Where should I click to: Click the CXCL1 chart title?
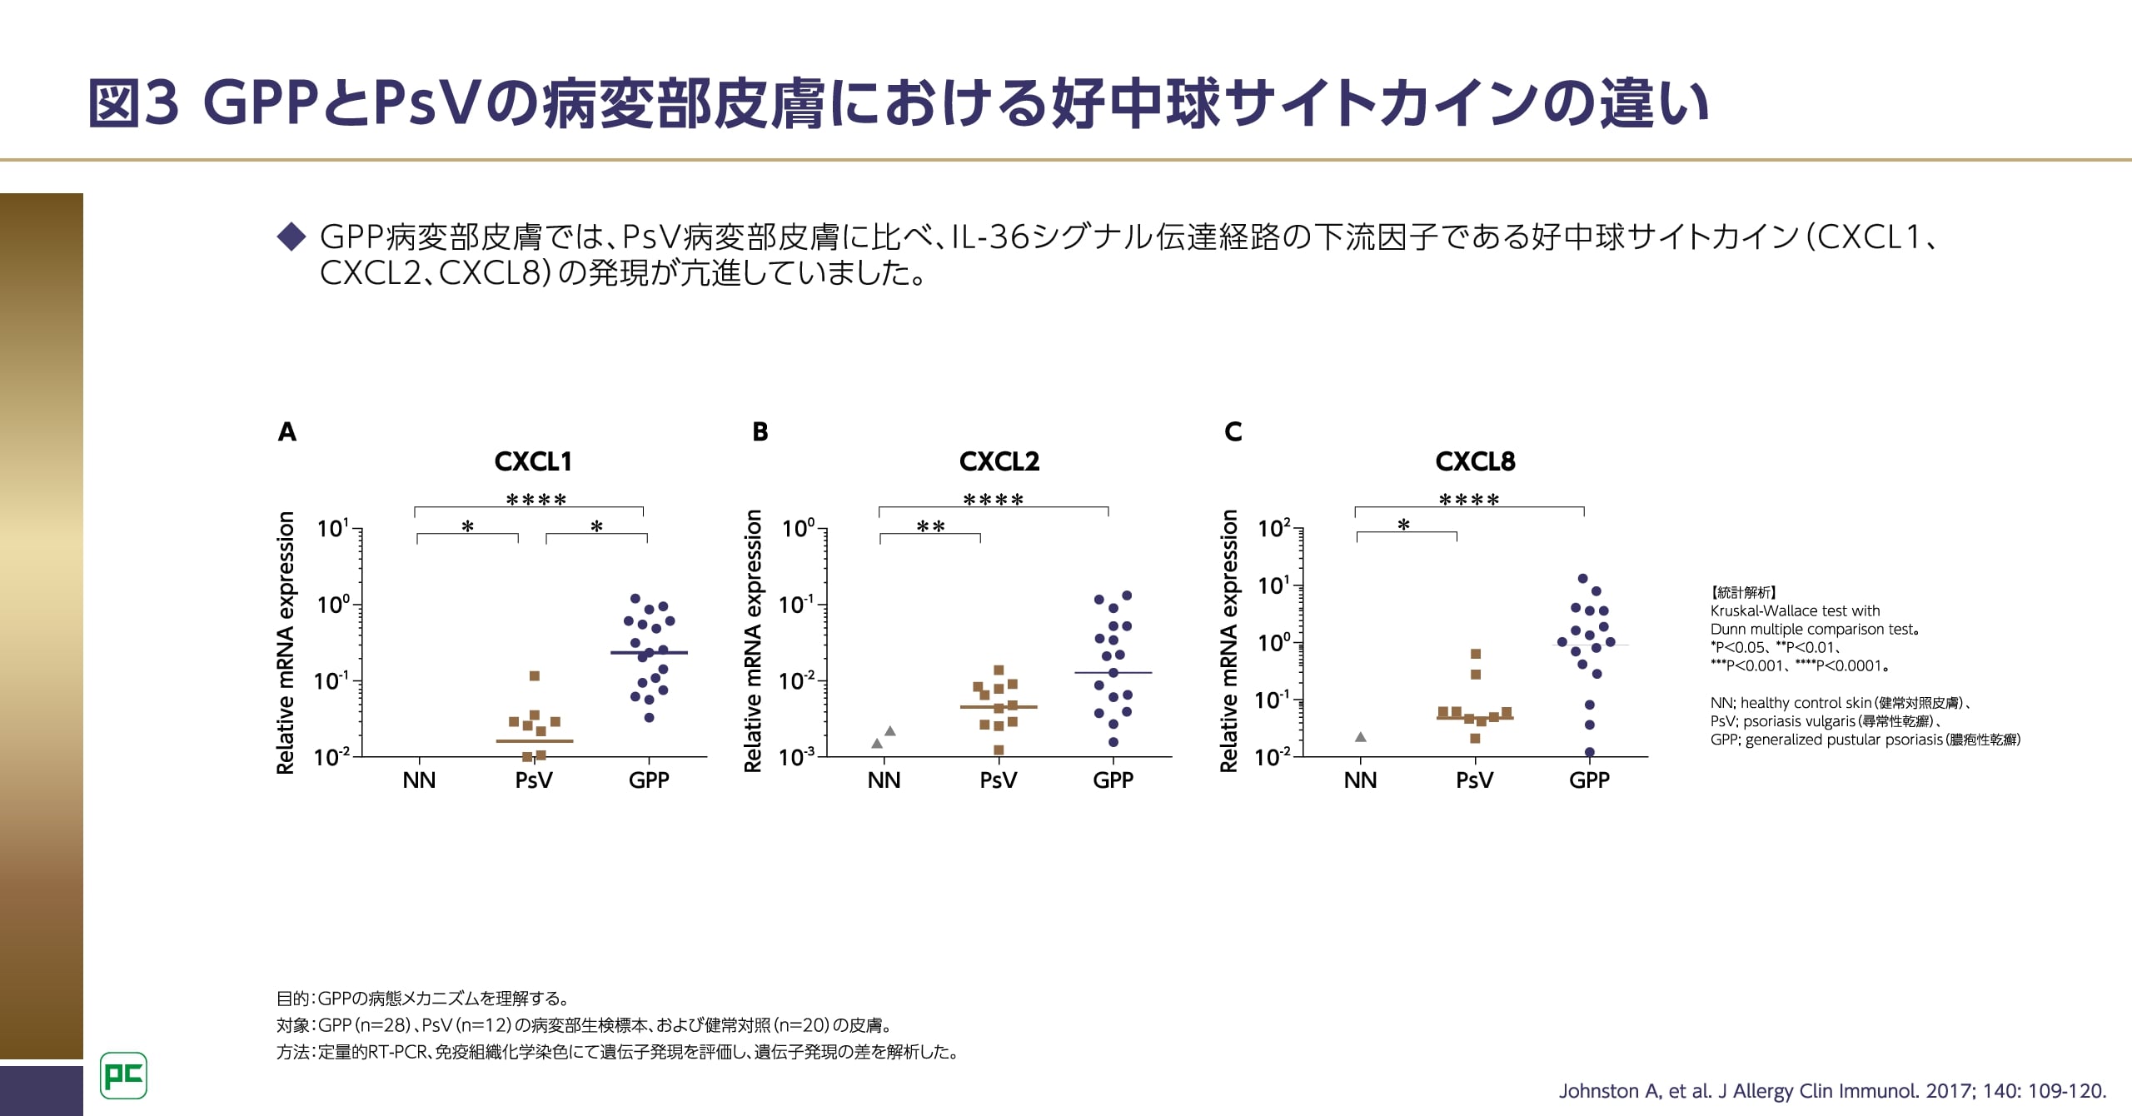(533, 461)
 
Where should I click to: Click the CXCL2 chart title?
(999, 461)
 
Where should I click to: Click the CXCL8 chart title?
(1475, 461)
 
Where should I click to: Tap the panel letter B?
(760, 432)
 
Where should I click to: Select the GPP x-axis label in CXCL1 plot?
(649, 780)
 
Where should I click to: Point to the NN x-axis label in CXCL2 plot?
(884, 780)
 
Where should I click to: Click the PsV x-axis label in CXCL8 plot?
(1474, 780)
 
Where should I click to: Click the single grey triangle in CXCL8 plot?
(1361, 737)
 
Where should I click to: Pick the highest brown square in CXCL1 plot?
(535, 675)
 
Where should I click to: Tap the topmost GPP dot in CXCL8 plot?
(1582, 579)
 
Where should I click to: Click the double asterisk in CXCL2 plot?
(930, 527)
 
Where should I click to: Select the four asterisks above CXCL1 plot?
(536, 501)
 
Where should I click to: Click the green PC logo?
(123, 1075)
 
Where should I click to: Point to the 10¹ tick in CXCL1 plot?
(333, 529)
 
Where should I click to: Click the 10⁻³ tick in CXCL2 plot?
(798, 758)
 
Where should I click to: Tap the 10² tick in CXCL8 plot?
(1274, 529)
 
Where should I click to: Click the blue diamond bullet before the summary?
(291, 237)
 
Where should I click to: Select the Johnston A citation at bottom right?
(1832, 1091)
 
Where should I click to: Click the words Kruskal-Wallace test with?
(1795, 611)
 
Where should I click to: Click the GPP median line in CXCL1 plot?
(649, 652)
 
